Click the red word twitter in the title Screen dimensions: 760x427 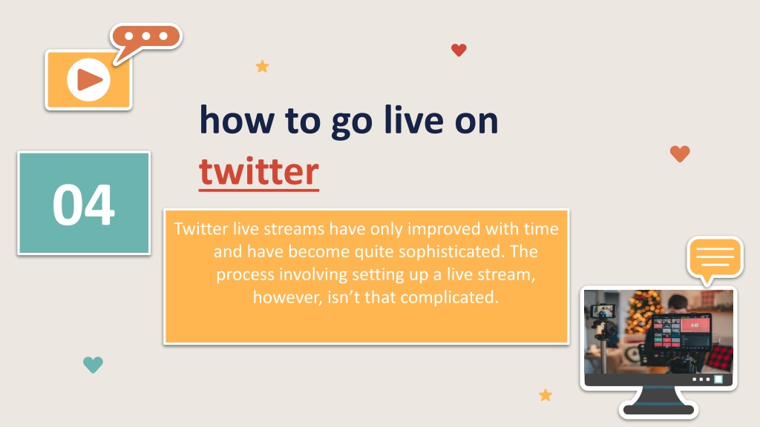pos(259,171)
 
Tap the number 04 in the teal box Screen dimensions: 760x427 pos(84,205)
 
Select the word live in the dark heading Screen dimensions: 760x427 pos(413,119)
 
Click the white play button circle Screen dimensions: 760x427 pos(89,80)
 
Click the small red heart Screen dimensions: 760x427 pos(459,50)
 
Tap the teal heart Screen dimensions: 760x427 pos(93,365)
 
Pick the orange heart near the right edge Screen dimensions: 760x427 pos(680,153)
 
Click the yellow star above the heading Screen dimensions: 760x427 pos(262,66)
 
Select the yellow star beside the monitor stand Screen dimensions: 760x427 pos(546,395)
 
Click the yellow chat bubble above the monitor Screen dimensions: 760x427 pos(715,258)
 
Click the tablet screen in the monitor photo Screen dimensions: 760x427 pos(682,331)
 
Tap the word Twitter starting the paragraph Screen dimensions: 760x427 pos(200,228)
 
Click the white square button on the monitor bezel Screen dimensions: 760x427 pos(718,379)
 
